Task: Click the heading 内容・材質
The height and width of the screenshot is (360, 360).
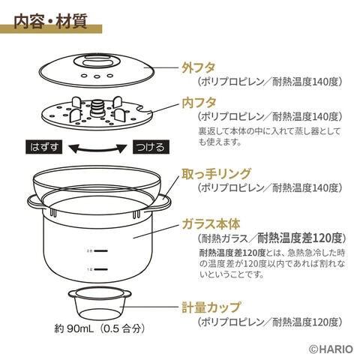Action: (50, 22)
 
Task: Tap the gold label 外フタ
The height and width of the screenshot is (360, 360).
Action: (199, 67)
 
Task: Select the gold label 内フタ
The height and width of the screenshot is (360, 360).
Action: (199, 103)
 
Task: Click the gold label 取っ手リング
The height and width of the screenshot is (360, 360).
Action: (216, 174)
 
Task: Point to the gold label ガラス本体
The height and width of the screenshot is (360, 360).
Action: (211, 223)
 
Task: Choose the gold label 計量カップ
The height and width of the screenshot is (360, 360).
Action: (211, 307)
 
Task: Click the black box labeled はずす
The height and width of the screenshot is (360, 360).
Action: (44, 147)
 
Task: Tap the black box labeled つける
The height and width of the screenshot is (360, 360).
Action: (151, 147)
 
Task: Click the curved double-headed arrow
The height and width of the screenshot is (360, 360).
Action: (97, 150)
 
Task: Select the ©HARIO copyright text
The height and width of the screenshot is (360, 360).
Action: (331, 349)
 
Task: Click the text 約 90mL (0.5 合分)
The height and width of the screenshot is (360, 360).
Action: (100, 328)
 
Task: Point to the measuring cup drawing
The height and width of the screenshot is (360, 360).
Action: (100, 303)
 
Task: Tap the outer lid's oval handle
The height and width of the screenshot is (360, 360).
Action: (97, 62)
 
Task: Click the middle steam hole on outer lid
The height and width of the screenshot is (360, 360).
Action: (97, 76)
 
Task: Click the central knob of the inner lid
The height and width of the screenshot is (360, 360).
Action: (97, 108)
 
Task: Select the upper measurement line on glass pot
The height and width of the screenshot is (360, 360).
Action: (101, 250)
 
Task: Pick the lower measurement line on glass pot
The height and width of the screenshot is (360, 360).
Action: (101, 269)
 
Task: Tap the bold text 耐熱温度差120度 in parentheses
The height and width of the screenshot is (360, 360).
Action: (299, 238)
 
